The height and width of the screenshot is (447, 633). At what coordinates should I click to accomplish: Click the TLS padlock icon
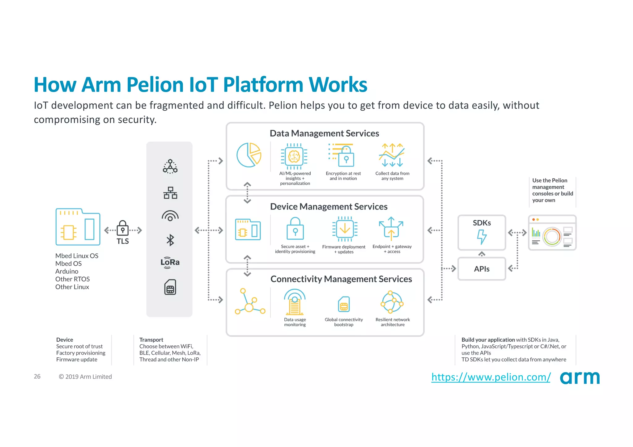[123, 228]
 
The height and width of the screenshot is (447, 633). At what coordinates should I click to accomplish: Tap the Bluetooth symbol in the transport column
[170, 240]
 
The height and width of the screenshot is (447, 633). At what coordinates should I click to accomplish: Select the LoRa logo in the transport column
[170, 262]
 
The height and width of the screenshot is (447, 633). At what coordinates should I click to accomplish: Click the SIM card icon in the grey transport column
[170, 287]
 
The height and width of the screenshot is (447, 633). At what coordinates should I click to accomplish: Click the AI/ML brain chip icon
[294, 156]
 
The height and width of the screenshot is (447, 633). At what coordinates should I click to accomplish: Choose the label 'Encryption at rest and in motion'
[343, 176]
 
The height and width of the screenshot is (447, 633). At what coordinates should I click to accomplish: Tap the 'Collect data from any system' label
[392, 176]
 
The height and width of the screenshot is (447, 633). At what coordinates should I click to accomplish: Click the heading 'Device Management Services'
[329, 206]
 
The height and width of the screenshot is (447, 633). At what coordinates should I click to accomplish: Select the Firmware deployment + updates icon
[345, 229]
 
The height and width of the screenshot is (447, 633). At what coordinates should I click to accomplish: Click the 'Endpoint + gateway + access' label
[392, 249]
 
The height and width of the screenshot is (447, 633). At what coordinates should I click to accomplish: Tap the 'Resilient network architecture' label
[393, 322]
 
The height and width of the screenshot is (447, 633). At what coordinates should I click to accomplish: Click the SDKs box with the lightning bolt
[482, 233]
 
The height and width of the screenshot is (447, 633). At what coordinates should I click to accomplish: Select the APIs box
[482, 269]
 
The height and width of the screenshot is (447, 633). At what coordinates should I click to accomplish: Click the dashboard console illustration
[552, 233]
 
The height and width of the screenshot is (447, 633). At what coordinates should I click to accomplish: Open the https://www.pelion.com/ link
[491, 377]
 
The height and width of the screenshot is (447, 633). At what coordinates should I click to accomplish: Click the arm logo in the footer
[580, 377]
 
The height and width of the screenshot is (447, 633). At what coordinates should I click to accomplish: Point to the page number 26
[37, 377]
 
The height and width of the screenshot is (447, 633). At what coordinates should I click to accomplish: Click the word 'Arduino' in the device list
[67, 272]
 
